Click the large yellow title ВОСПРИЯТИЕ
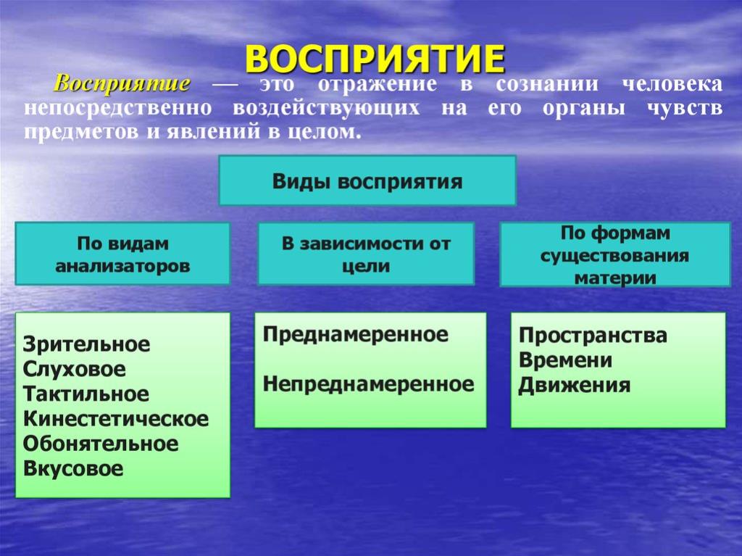point(375,59)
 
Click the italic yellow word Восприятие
point(122,83)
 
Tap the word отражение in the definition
point(377,84)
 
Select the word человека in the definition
point(672,84)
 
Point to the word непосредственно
point(118,107)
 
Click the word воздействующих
point(326,108)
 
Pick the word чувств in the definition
point(685,108)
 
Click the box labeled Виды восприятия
point(367,181)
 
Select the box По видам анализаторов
point(122,254)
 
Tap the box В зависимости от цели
point(366,254)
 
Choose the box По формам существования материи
point(615,254)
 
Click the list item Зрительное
point(86,344)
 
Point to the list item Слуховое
point(75,369)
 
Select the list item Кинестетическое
point(116,419)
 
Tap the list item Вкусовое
point(73,468)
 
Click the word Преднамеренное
point(355,334)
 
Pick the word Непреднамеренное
point(368,383)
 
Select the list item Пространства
point(593,336)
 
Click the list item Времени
point(565,360)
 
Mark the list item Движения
point(575,386)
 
